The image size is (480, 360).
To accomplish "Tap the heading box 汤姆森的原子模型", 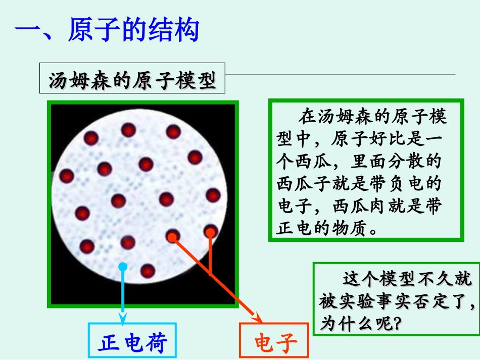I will (132, 81).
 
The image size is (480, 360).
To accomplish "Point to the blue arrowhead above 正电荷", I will (123, 317).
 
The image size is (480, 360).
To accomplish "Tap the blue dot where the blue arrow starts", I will (122, 266).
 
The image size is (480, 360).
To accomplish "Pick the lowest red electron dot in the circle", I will (148, 271).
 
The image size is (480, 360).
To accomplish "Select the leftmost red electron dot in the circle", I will (67, 176).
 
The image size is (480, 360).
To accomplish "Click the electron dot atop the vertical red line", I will (210, 231).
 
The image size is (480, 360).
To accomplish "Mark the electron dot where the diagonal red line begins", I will (173, 235).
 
